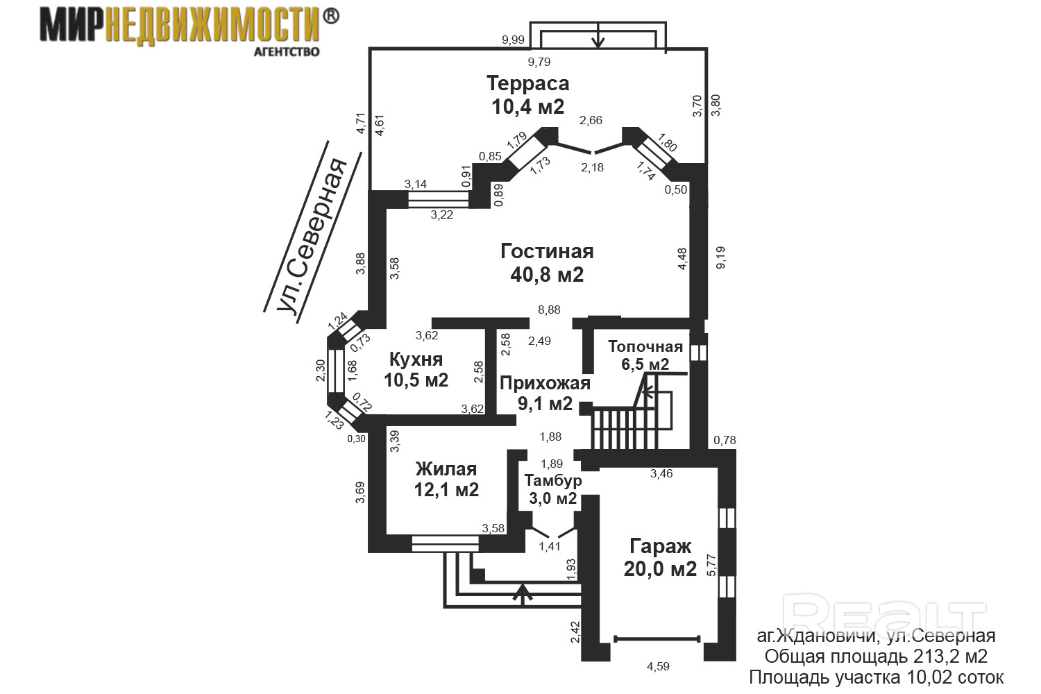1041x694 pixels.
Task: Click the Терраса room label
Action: coord(527,84)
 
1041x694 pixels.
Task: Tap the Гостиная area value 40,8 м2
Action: coord(547,275)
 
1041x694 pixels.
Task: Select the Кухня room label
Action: coord(416,359)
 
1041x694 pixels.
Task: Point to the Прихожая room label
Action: coord(545,384)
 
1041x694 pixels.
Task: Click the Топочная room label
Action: coord(645,346)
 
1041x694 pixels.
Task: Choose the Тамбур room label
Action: coord(553,480)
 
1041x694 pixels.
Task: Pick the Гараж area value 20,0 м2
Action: coord(660,568)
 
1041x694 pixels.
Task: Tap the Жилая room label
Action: coord(446,468)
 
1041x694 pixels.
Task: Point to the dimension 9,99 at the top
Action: coord(513,40)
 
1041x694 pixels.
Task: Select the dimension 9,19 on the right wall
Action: coord(720,257)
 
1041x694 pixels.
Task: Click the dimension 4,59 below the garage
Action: coord(658,666)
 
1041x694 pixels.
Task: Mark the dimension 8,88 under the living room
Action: coord(550,310)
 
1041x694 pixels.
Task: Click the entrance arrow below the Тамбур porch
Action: coord(523,595)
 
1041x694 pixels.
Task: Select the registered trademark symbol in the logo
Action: coord(330,16)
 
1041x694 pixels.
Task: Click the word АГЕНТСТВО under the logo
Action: coord(287,51)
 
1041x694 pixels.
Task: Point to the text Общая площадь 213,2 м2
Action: coord(876,657)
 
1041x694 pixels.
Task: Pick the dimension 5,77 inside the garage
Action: coord(711,565)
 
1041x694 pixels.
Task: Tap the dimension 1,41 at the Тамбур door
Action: coord(550,547)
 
